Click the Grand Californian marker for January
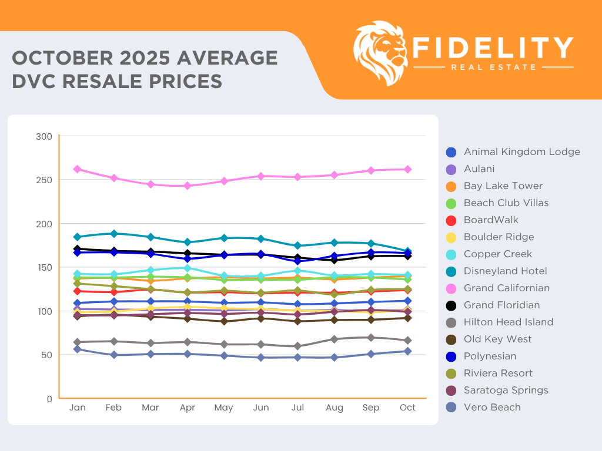click(x=77, y=169)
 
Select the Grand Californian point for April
click(x=188, y=186)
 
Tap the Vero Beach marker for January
click(x=77, y=349)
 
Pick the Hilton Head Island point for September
click(x=371, y=338)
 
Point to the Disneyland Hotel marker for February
click(x=114, y=234)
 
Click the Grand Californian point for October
click(x=407, y=170)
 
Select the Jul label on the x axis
click(x=297, y=408)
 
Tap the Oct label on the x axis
click(x=407, y=408)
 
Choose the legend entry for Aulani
click(x=479, y=169)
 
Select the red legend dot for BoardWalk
click(x=451, y=220)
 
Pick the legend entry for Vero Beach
click(x=491, y=407)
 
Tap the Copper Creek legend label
click(x=497, y=254)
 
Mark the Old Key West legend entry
click(x=497, y=339)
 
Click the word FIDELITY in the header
click(x=493, y=48)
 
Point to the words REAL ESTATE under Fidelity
click(x=493, y=67)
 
